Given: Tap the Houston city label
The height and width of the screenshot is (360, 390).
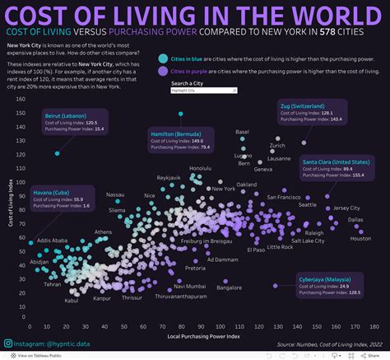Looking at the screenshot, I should [360, 239].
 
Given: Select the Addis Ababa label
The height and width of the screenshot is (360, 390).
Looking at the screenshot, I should [58, 241].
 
